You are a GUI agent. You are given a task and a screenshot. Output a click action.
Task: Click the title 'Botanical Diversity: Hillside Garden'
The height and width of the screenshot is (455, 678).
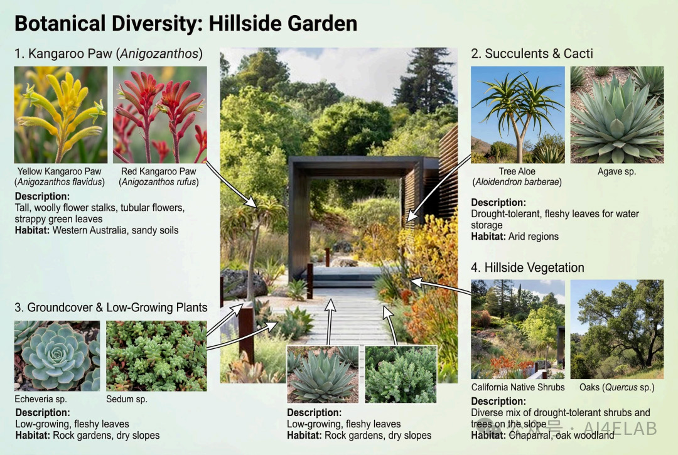(x=186, y=23)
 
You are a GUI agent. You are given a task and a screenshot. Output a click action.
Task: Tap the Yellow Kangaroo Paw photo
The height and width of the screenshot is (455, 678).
(x=60, y=114)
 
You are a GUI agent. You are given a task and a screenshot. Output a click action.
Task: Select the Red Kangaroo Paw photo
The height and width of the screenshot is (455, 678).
(x=160, y=114)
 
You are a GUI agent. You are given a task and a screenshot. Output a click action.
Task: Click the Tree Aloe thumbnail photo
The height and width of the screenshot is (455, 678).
(x=517, y=114)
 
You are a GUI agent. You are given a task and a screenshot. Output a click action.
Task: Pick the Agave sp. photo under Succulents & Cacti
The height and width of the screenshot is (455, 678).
(x=617, y=114)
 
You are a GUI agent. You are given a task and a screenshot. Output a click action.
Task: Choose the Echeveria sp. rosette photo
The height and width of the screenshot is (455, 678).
(x=57, y=356)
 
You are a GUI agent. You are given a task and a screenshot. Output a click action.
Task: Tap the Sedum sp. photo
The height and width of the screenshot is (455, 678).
(x=156, y=356)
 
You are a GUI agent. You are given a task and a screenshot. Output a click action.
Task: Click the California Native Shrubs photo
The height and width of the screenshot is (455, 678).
(x=517, y=329)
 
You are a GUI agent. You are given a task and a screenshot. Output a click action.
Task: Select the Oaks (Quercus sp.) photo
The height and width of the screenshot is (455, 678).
(x=617, y=329)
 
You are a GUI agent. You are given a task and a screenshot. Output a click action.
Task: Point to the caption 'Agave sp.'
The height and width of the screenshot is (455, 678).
(x=616, y=171)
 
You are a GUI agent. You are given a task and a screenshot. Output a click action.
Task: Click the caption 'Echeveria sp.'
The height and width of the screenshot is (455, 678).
(x=41, y=399)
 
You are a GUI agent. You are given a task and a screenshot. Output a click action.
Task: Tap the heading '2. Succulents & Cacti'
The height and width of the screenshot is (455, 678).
(x=532, y=53)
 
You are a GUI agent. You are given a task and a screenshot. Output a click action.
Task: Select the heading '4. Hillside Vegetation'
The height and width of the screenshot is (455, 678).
(x=527, y=267)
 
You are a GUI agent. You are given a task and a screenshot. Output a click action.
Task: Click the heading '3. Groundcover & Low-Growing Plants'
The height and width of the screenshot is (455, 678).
(x=111, y=308)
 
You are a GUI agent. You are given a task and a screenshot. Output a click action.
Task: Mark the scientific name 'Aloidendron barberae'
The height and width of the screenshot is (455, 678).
(x=517, y=182)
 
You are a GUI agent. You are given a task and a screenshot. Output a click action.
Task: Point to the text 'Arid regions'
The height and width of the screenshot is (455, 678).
(x=534, y=237)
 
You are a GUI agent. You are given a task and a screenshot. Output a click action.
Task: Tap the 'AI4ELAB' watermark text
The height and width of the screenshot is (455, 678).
(x=620, y=428)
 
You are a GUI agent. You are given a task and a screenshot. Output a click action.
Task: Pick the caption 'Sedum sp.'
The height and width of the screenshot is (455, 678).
(x=127, y=399)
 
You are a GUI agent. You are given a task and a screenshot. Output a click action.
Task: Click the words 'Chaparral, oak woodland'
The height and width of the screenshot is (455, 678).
(x=561, y=435)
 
